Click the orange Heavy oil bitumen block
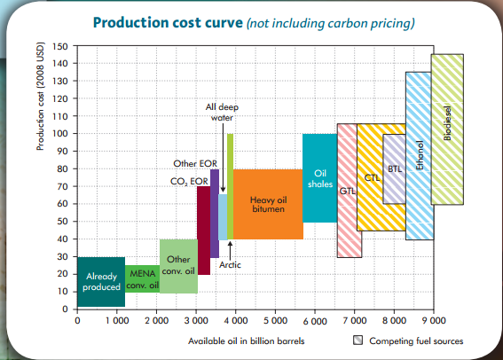click(x=268, y=203)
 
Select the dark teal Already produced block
click(x=101, y=281)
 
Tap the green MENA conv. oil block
click(x=142, y=281)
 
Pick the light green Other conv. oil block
click(x=178, y=265)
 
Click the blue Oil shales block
click(x=319, y=177)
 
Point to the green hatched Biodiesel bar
click(x=447, y=129)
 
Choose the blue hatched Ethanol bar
click(x=419, y=155)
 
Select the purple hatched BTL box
click(x=394, y=168)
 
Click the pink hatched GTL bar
click(x=349, y=190)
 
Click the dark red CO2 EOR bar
click(x=203, y=230)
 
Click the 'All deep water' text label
click(x=222, y=112)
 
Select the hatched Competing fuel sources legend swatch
click(x=358, y=340)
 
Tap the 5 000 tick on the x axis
click(x=275, y=320)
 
